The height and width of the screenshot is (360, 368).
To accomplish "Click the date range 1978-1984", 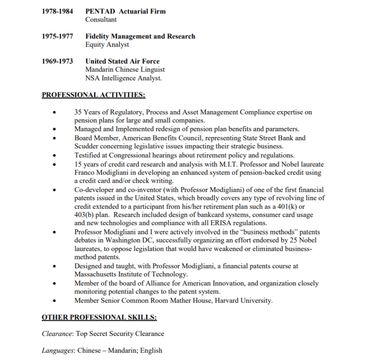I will click(x=57, y=11).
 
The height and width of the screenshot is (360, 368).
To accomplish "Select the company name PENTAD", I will click(x=100, y=11).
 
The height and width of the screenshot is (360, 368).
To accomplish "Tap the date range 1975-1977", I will click(x=57, y=36).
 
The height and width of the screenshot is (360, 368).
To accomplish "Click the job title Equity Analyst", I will click(x=107, y=45).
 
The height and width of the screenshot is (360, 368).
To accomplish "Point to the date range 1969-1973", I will click(x=57, y=61).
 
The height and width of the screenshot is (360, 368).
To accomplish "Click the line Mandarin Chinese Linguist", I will click(x=125, y=70).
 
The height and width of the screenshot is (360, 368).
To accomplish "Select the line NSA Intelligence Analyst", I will click(x=124, y=78).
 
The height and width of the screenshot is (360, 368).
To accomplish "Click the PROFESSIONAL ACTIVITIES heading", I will click(x=93, y=94).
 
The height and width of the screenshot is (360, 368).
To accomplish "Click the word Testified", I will click(x=88, y=155).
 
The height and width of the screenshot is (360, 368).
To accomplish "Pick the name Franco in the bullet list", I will click(x=85, y=173).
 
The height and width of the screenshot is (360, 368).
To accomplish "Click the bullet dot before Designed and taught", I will click(x=56, y=266).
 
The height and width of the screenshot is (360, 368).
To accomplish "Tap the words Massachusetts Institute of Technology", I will click(x=130, y=274).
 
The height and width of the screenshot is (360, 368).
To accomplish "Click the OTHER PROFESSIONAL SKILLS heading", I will click(x=99, y=317).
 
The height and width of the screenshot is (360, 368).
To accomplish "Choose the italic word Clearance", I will click(x=57, y=334).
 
